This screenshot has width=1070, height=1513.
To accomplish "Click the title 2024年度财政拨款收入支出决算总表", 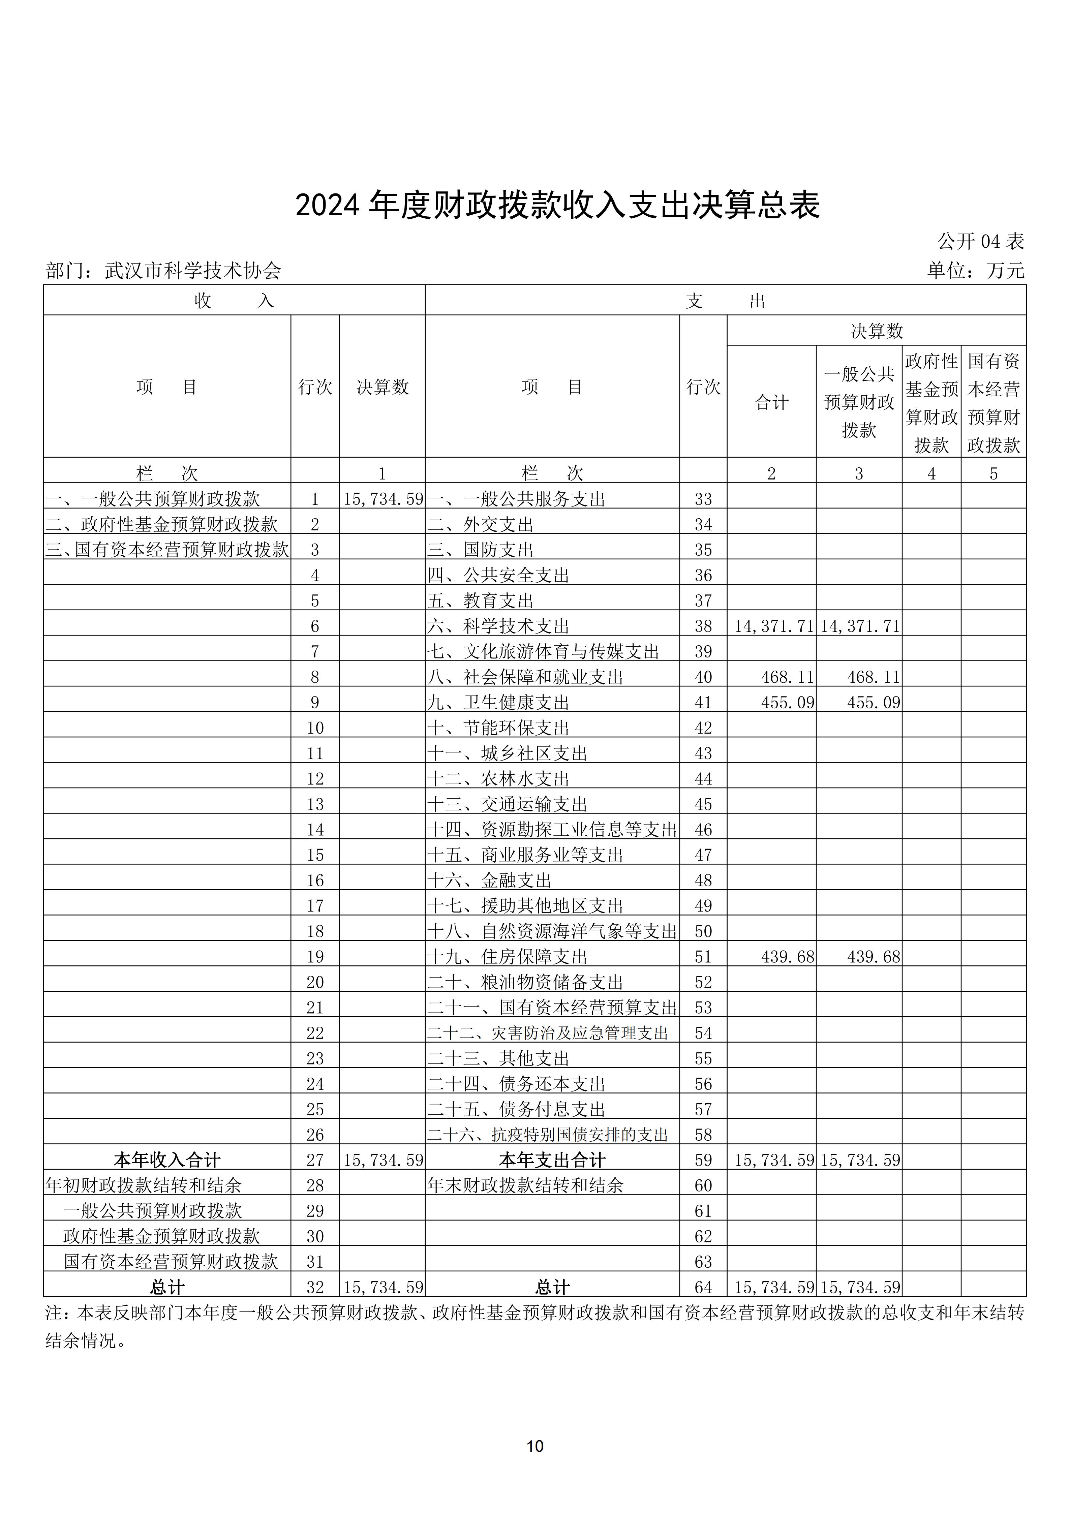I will pyautogui.click(x=557, y=206).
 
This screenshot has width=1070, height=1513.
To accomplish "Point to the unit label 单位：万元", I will pyautogui.click(x=976, y=270).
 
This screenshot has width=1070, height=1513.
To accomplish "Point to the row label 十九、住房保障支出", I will pyautogui.click(x=507, y=956).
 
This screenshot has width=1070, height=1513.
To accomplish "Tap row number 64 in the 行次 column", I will pyautogui.click(x=703, y=1287).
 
